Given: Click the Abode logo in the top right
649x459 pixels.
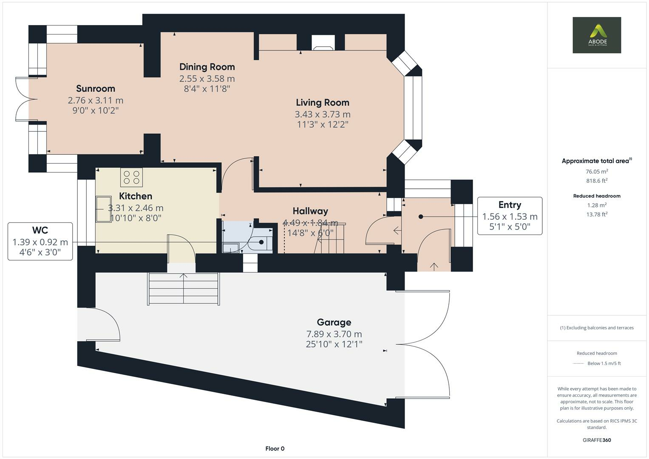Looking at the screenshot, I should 596,35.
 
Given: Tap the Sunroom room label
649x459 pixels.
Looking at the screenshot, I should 96,88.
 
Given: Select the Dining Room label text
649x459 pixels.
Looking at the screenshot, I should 207,67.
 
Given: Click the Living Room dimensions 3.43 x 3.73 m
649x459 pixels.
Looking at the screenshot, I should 322,114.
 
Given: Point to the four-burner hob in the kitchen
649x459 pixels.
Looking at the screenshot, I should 131,177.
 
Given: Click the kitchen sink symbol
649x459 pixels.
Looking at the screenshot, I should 102,209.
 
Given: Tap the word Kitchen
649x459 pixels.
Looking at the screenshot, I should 136,196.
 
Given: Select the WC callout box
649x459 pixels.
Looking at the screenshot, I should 40,241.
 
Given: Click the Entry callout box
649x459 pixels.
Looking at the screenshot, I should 510,216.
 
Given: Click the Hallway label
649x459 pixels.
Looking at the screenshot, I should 310,211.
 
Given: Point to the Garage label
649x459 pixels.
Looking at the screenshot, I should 334,322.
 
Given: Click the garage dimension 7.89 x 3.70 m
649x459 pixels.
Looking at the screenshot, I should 334,334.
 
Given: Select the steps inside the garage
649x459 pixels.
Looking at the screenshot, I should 183,289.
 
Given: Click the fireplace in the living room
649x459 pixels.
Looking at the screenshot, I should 323,43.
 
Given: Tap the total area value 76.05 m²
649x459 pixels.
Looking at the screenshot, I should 597,172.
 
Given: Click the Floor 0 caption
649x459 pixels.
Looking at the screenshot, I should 275,448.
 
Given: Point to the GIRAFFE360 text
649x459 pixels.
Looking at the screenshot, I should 597,440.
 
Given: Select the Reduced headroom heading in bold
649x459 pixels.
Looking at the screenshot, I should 597,196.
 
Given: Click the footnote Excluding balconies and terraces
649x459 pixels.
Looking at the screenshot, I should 597,328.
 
